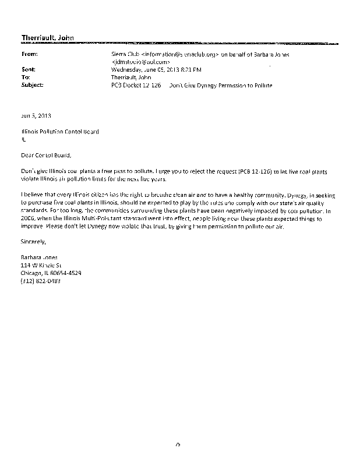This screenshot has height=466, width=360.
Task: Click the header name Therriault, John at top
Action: [x=48, y=39]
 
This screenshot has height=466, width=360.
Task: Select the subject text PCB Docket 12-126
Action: [x=136, y=85]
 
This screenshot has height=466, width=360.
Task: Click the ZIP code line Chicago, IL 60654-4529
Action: [x=51, y=273]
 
